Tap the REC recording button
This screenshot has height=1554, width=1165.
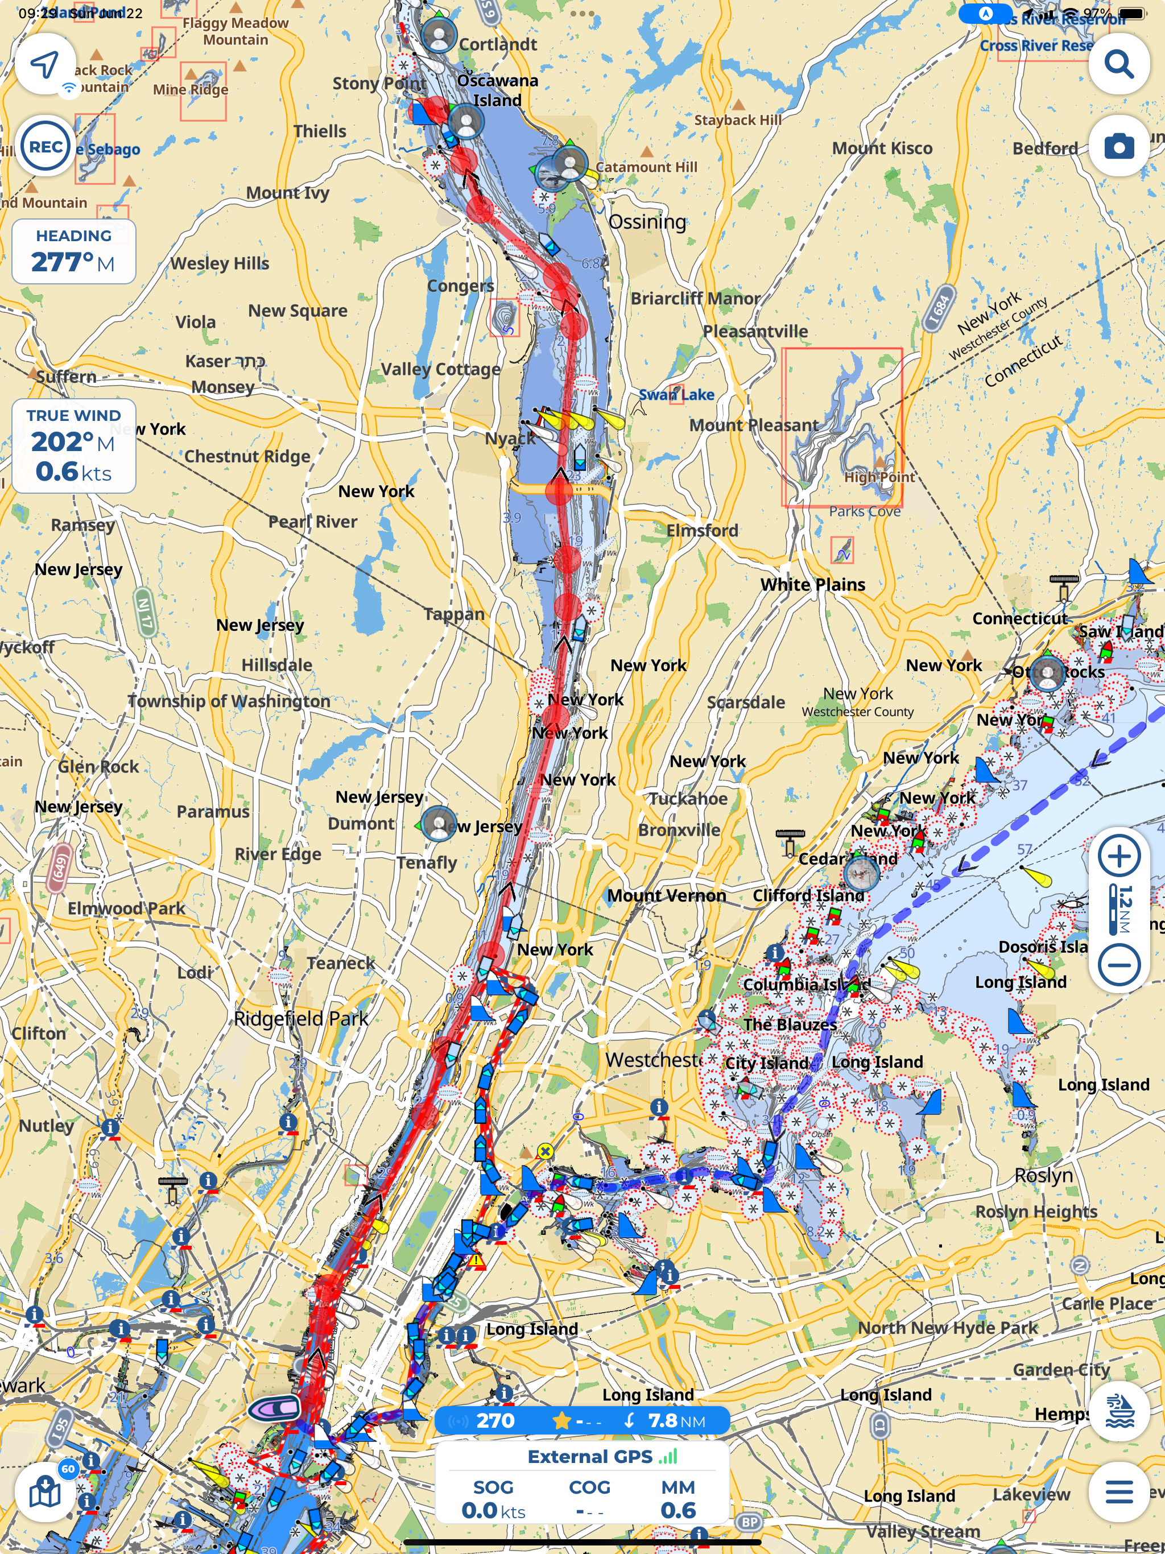click(x=46, y=147)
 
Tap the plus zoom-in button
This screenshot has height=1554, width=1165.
click(x=1118, y=857)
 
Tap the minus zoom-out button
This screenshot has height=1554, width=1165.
click(x=1118, y=964)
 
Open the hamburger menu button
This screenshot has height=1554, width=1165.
click(x=1118, y=1491)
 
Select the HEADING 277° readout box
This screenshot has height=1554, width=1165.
click(x=74, y=251)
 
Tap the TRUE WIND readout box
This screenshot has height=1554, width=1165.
click(x=74, y=445)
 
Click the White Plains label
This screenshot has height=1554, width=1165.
click(x=812, y=585)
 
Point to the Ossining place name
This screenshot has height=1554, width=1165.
click(x=646, y=222)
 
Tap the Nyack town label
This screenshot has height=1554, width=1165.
click(x=510, y=439)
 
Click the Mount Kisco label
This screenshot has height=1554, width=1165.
click(x=882, y=148)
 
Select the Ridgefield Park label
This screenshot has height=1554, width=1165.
click(x=301, y=1018)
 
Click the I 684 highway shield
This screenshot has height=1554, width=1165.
click(x=939, y=308)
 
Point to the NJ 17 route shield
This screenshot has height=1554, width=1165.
click(x=144, y=612)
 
